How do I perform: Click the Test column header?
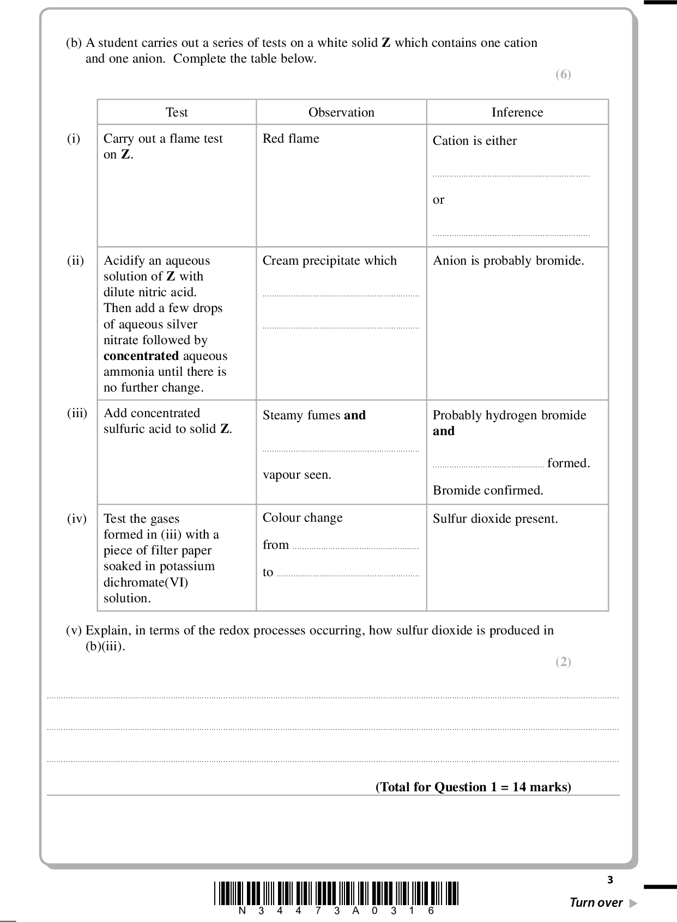pos(177,112)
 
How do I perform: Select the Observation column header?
pos(341,112)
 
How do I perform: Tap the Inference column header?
pos(517,112)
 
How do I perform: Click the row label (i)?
pos(74,138)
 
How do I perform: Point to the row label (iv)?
pos(77,518)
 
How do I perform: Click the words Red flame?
pos(291,138)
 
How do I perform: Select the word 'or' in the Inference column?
pos(438,200)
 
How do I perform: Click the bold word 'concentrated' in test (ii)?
pos(141,356)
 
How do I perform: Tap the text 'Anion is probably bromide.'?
pos(508,260)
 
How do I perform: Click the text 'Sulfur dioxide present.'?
pos(495,518)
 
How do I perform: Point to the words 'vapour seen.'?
pos(297,474)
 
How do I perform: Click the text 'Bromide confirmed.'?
pos(488,490)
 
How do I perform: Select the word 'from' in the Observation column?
pos(275,545)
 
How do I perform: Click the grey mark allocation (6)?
pos(563,74)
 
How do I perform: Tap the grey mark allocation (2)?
pos(563,662)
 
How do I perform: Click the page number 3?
pos(610,880)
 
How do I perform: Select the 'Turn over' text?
pos(596,902)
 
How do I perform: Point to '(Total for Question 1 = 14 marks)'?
pos(473,787)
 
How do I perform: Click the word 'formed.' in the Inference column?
pos(569,463)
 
